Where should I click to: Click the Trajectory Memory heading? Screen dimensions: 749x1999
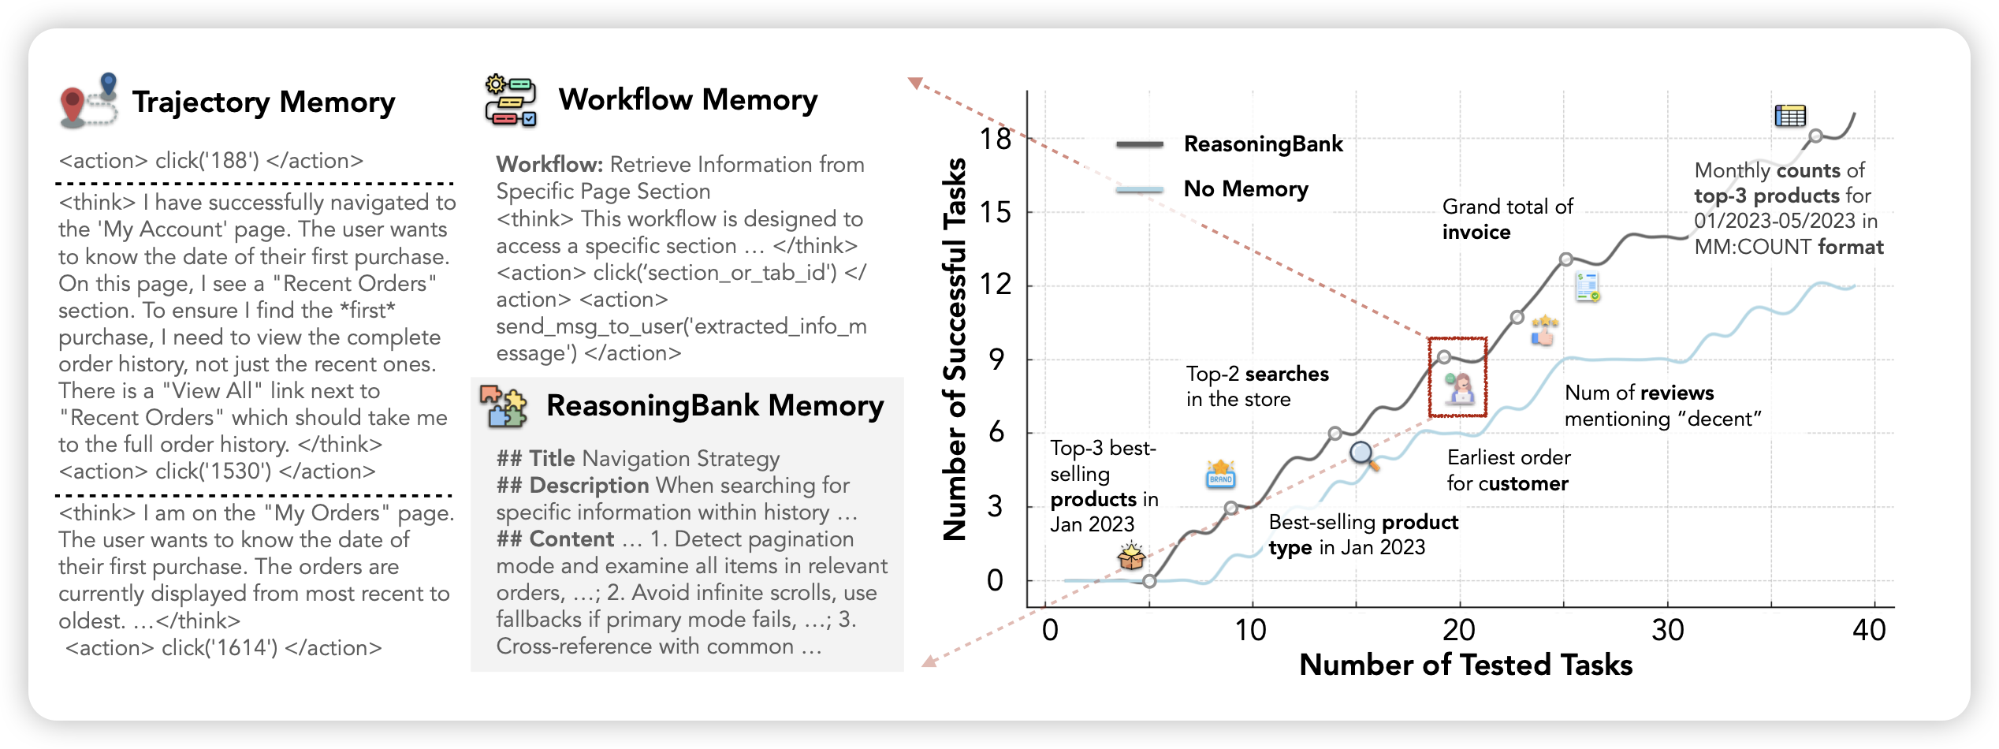pyautogui.click(x=263, y=102)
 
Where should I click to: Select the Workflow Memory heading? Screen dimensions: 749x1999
pyautogui.click(x=687, y=100)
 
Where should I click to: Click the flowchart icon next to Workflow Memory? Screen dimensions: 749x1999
pyautogui.click(x=511, y=100)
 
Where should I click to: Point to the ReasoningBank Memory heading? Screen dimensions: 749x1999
pyautogui.click(x=714, y=405)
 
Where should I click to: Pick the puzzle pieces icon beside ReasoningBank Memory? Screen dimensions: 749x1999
pyautogui.click(x=503, y=406)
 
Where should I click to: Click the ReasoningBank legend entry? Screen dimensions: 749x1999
pyautogui.click(x=1263, y=144)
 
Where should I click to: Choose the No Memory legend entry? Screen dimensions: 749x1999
pyautogui.click(x=1245, y=189)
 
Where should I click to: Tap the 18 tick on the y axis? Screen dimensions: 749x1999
pyautogui.click(x=996, y=140)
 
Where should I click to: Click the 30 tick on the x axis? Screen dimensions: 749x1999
pyautogui.click(x=1668, y=630)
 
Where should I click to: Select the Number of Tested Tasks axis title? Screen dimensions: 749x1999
pyautogui.click(x=1465, y=665)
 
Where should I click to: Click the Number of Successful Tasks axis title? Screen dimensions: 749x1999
pyautogui.click(x=955, y=349)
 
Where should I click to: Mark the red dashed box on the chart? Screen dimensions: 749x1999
pyautogui.click(x=1457, y=377)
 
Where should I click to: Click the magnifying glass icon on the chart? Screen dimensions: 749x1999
pyautogui.click(x=1364, y=455)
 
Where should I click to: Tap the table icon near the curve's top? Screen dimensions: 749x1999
pyautogui.click(x=1789, y=116)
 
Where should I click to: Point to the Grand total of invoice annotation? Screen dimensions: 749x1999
pyautogui.click(x=1506, y=219)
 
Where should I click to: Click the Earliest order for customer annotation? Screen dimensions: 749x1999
pyautogui.click(x=1508, y=471)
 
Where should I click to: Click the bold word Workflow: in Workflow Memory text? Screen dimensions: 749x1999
pyautogui.click(x=549, y=165)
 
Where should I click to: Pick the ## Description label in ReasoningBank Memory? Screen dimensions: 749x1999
pyautogui.click(x=572, y=486)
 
